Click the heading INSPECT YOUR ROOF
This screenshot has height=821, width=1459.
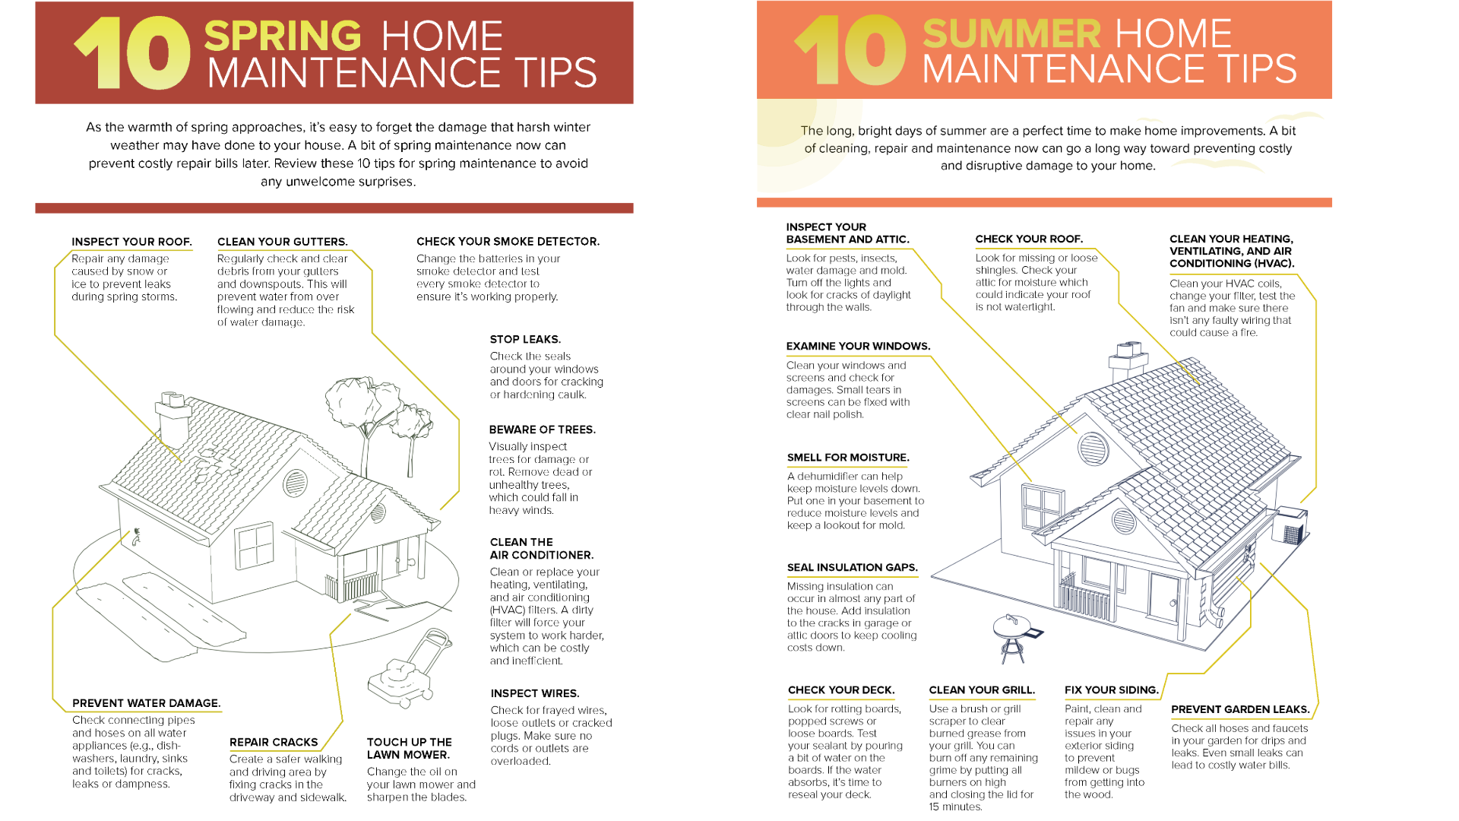pyautogui.click(x=131, y=242)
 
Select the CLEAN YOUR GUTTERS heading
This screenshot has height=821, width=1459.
pyautogui.click(x=283, y=242)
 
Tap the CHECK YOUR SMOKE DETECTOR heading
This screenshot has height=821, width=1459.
pyautogui.click(x=508, y=242)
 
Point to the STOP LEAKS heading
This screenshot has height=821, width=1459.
pyautogui.click(x=525, y=339)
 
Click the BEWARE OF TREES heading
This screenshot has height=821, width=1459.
pyautogui.click(x=542, y=430)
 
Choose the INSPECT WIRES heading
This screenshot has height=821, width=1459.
pyautogui.click(x=534, y=693)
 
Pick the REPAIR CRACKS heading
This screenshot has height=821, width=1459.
pyautogui.click(x=274, y=742)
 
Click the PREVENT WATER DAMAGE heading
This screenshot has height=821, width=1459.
pyautogui.click(x=146, y=703)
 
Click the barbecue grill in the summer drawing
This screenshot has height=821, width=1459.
pyautogui.click(x=1012, y=635)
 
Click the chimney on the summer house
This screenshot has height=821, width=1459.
pyautogui.click(x=1128, y=361)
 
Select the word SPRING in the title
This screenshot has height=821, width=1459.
pyautogui.click(x=283, y=36)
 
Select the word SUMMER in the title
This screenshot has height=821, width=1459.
pyautogui.click(x=1011, y=34)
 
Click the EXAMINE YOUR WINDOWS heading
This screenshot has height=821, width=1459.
pyautogui.click(x=858, y=346)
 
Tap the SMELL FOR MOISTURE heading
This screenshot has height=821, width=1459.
pyautogui.click(x=848, y=458)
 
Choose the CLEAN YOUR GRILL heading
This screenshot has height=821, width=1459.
pyautogui.click(x=981, y=690)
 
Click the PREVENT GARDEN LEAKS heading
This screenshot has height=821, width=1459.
pyautogui.click(x=1240, y=709)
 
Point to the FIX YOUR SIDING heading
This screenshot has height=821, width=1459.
pyautogui.click(x=1111, y=690)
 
